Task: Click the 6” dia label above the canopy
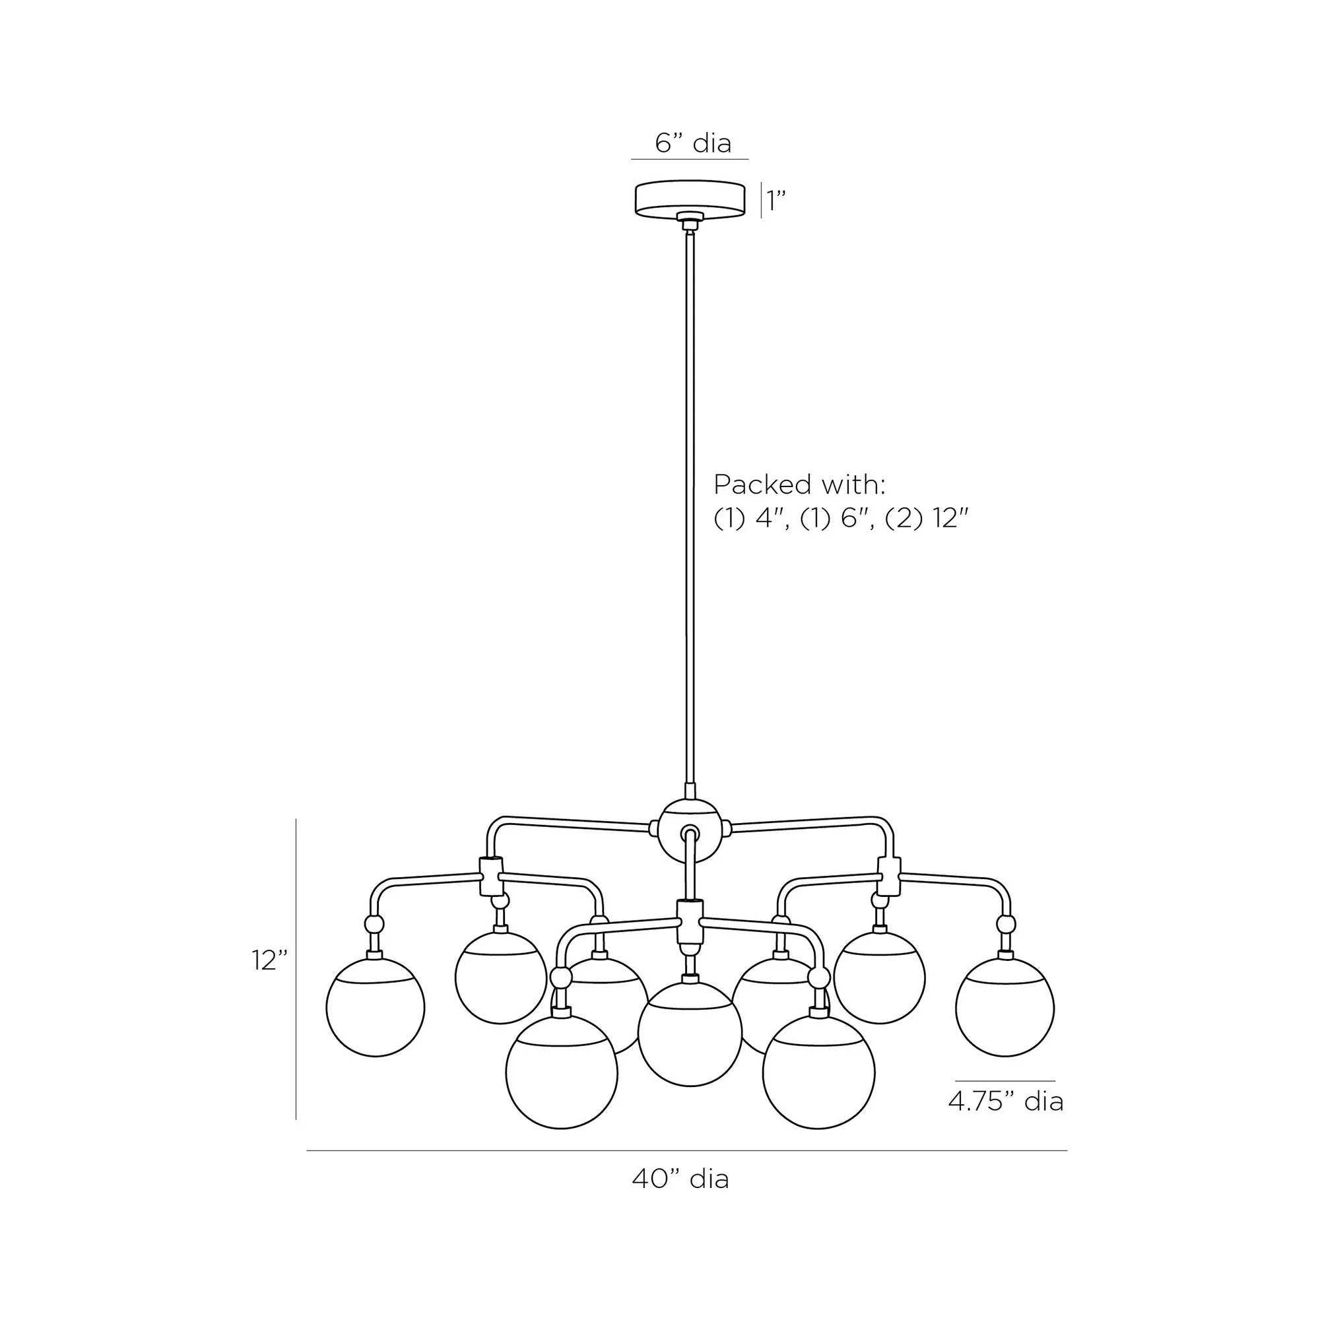click(x=693, y=143)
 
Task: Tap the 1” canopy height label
click(x=776, y=200)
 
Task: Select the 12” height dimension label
click(x=269, y=960)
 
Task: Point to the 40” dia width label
click(x=680, y=1179)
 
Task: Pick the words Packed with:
click(x=799, y=484)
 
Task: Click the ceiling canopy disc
click(x=690, y=199)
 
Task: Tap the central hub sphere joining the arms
click(x=690, y=831)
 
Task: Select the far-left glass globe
click(x=375, y=1007)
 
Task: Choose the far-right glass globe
click(x=1005, y=1007)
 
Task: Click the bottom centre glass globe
click(x=690, y=1034)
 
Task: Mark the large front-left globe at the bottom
click(x=562, y=1072)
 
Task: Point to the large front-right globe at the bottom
click(x=818, y=1072)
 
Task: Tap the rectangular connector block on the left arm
click(x=492, y=876)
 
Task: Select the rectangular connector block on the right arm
click(x=889, y=876)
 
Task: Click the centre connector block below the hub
click(x=690, y=921)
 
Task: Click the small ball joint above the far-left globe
click(x=374, y=925)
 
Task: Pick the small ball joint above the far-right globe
click(x=1005, y=925)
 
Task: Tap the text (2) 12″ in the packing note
click(x=927, y=519)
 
